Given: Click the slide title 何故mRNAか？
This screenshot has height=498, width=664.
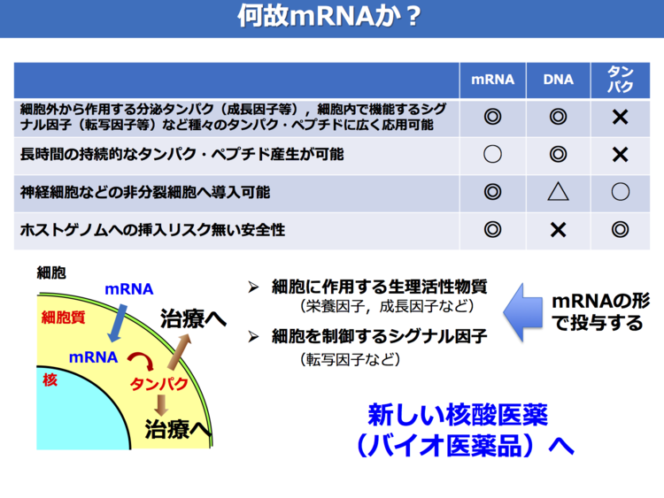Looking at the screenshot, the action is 329,16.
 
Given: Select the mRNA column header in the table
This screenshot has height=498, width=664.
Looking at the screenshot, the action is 492,80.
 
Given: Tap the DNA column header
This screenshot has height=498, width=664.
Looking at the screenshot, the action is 558,80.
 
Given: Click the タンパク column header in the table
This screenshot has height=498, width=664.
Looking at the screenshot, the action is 620,79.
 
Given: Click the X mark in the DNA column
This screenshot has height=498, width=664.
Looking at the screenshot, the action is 558,230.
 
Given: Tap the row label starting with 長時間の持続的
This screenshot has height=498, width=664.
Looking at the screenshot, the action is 181,155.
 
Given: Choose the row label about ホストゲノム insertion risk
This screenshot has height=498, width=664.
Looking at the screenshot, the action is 152,230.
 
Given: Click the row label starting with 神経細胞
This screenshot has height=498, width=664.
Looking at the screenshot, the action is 145,193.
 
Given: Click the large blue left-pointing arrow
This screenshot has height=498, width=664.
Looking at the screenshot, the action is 523,312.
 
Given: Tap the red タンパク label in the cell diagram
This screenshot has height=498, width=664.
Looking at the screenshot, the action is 158,384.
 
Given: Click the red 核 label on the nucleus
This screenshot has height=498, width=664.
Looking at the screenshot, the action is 50,379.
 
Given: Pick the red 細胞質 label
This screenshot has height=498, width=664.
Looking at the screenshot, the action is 63,317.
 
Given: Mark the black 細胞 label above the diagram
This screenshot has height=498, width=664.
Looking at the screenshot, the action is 51,273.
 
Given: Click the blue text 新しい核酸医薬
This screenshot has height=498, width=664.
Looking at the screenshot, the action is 458,415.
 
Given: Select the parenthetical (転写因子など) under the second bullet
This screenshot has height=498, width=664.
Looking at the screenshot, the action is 351,360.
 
